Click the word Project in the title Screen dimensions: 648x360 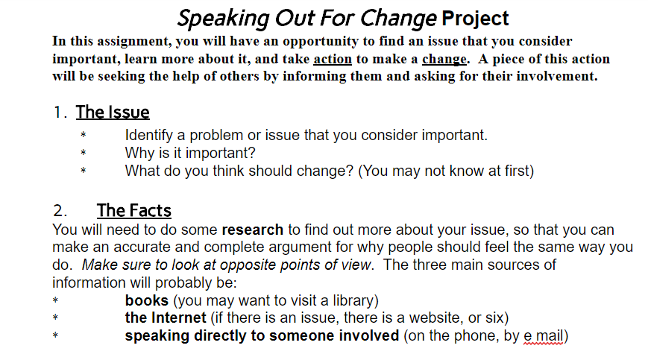click(x=475, y=19)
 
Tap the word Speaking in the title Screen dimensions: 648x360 click(x=223, y=19)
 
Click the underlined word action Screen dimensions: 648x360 click(x=333, y=59)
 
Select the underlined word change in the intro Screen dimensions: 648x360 click(x=444, y=60)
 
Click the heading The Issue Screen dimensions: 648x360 click(x=113, y=113)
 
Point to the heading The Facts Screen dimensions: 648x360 click(x=134, y=210)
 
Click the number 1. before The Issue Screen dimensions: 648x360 click(x=60, y=113)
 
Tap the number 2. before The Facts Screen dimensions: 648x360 click(x=60, y=211)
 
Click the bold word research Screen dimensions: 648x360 click(x=253, y=230)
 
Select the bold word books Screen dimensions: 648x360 click(x=147, y=300)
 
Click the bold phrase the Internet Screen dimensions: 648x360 click(x=166, y=318)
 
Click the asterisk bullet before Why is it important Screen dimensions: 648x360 click(x=83, y=153)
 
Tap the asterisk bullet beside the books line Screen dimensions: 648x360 click(x=55, y=300)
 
